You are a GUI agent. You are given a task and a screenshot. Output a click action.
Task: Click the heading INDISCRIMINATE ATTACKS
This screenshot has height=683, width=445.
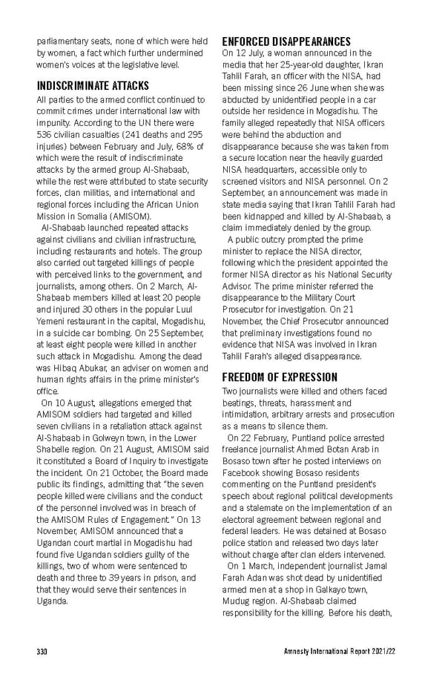(x=93, y=85)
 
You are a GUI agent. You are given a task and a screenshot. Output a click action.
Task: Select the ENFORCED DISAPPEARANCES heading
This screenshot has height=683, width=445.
(x=286, y=41)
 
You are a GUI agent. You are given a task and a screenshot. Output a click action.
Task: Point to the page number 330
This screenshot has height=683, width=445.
(x=43, y=652)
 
